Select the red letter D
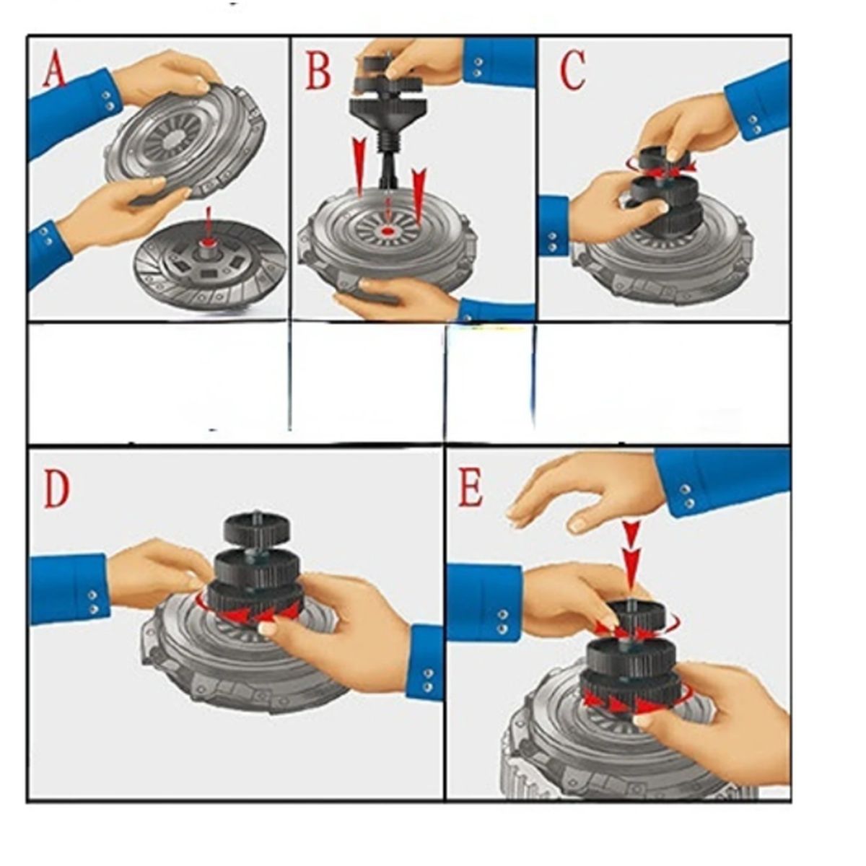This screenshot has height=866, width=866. (x=56, y=489)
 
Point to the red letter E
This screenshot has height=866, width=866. (x=470, y=489)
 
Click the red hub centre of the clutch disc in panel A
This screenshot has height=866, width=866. (x=208, y=244)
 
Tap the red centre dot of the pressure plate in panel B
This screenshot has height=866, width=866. (x=387, y=231)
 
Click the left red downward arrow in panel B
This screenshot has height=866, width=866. (x=360, y=166)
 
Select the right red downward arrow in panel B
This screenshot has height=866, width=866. (x=419, y=196)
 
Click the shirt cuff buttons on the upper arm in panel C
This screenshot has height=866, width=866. (x=753, y=124)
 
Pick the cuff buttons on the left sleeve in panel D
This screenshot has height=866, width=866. (x=94, y=602)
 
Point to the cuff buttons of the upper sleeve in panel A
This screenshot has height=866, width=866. (x=107, y=100)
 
